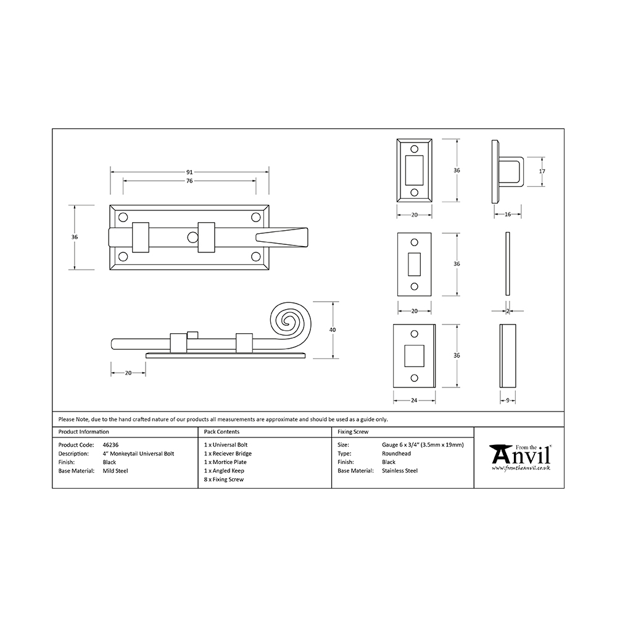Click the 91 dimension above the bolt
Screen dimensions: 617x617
(x=189, y=172)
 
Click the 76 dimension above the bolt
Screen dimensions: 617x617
(x=189, y=181)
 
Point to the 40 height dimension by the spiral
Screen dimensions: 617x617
(x=333, y=329)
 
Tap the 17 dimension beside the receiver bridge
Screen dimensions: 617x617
(x=542, y=171)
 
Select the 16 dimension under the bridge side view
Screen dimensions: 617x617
(x=508, y=215)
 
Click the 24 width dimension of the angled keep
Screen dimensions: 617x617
(x=414, y=400)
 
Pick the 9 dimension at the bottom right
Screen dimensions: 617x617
(x=508, y=400)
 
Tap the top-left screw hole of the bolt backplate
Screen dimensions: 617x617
(x=123, y=217)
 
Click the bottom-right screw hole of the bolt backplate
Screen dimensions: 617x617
(x=256, y=257)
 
